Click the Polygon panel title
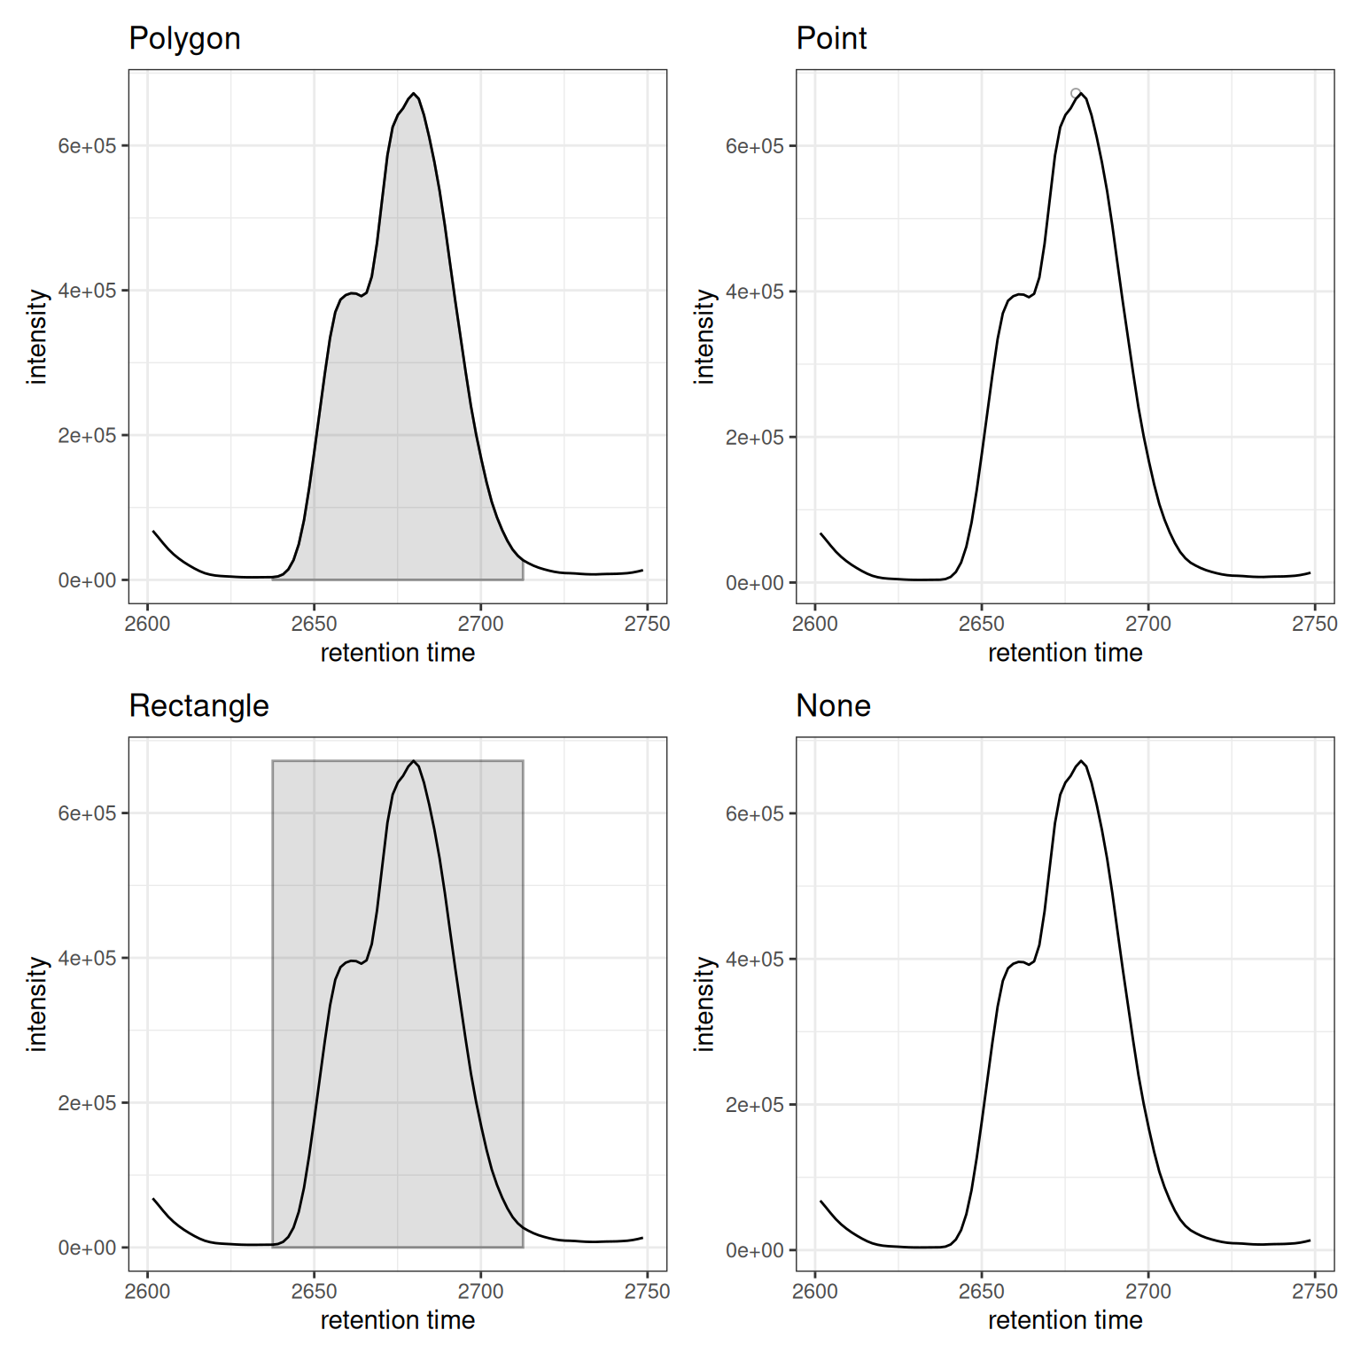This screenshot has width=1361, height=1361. [x=184, y=39]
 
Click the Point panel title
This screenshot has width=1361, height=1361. [x=831, y=39]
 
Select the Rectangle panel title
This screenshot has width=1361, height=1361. [x=198, y=706]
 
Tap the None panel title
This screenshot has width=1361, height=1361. [x=833, y=706]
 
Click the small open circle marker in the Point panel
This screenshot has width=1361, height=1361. [x=1076, y=93]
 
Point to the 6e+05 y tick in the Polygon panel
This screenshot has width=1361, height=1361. [x=87, y=146]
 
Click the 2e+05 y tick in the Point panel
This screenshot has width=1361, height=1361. [x=755, y=438]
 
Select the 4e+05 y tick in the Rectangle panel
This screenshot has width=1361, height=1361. [x=87, y=959]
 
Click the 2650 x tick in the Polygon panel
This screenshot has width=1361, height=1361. [x=314, y=624]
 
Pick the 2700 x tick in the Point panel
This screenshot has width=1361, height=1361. [x=1148, y=624]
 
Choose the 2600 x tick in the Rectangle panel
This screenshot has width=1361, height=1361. [x=147, y=1292]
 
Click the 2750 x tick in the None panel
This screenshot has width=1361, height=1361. [x=1314, y=1292]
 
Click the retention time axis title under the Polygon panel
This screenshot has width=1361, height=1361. [x=398, y=653]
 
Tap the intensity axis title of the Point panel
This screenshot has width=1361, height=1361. [x=704, y=337]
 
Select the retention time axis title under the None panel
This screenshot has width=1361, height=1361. [x=1065, y=1320]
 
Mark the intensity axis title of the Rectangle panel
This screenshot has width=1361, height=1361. [x=37, y=1004]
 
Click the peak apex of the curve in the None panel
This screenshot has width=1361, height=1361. [x=1081, y=761]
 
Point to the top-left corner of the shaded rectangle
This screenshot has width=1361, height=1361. [x=273, y=761]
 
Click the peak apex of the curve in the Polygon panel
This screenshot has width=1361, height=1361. [x=414, y=94]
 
